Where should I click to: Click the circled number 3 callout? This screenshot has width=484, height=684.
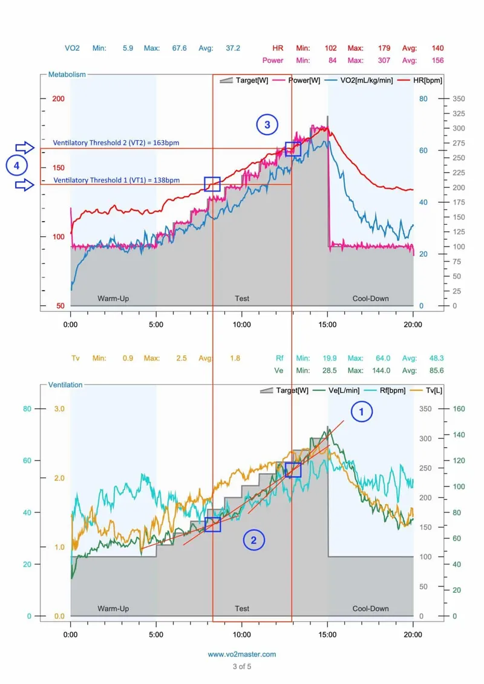[x=267, y=125]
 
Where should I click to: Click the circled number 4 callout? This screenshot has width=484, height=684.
[x=17, y=165]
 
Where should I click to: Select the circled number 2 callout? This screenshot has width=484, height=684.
[x=254, y=540]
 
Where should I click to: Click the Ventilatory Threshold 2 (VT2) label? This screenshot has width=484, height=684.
[x=116, y=143]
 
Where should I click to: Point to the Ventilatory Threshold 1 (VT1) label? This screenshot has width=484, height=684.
[x=116, y=180]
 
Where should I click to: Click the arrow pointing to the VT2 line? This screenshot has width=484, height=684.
[x=25, y=147]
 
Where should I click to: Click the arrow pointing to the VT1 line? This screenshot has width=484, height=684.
[x=25, y=185]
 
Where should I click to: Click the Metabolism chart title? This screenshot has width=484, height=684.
[x=67, y=74]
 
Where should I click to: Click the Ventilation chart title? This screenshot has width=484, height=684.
[x=65, y=384]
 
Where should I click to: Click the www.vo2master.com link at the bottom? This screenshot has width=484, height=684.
[x=242, y=654]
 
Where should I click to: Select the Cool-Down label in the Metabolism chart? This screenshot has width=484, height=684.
[x=370, y=298]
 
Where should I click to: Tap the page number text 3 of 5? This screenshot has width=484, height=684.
[x=242, y=666]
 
